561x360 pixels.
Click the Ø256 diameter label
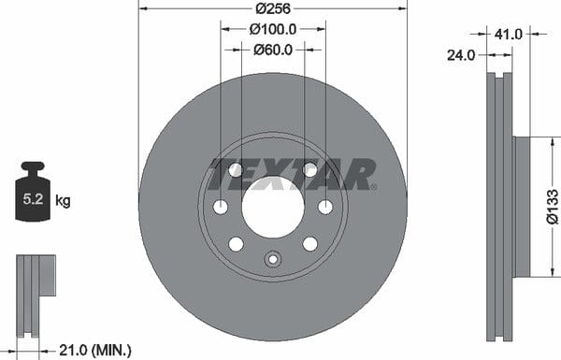click(273, 8)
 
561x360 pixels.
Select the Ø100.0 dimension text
click(273, 29)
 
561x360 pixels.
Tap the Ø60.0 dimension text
click(273, 50)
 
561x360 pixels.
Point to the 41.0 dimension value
click(509, 35)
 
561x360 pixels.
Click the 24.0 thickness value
click(461, 55)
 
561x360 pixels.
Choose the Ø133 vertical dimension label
click(553, 207)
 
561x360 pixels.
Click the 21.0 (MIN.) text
click(95, 350)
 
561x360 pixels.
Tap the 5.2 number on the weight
click(33, 199)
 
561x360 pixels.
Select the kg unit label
click(63, 201)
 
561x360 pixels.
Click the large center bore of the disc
click(273, 207)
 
